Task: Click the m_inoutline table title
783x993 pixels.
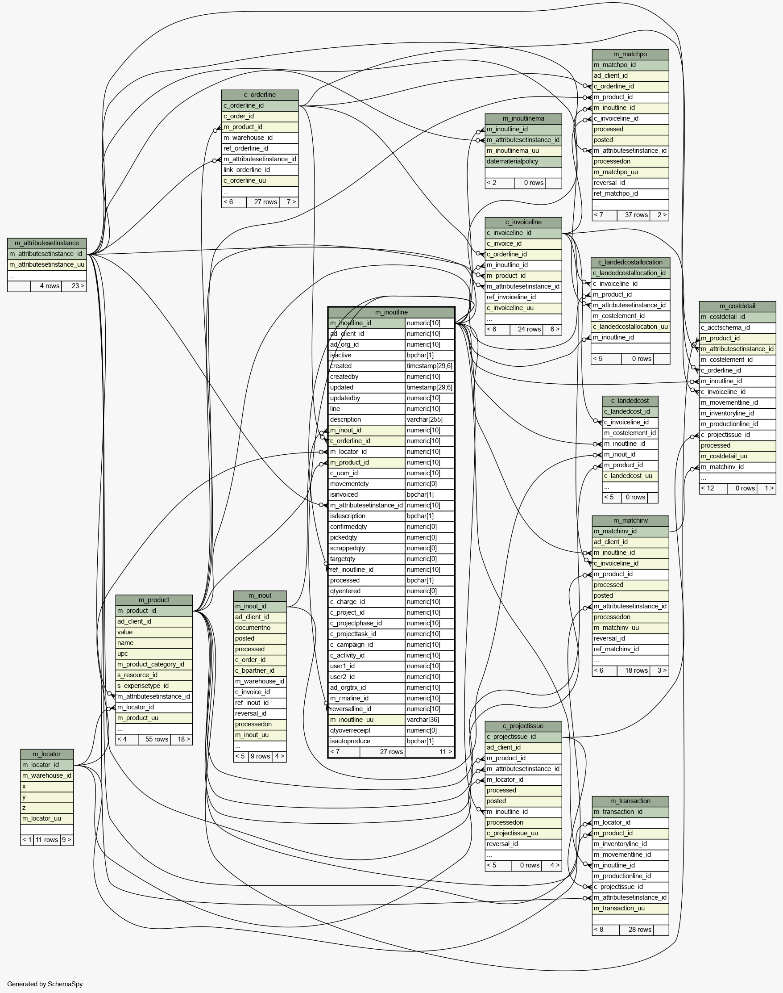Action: coord(391,312)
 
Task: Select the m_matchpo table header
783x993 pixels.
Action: coord(630,54)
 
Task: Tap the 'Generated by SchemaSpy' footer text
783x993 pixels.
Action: coord(45,984)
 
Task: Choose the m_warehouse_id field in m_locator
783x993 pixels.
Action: coord(47,775)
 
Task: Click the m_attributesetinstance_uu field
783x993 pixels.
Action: coord(47,265)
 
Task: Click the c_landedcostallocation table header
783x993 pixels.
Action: coord(630,263)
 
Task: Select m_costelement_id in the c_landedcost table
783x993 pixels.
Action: coord(630,433)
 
